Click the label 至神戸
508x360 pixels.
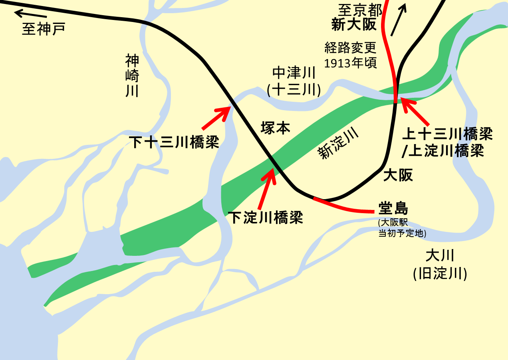tap(44, 29)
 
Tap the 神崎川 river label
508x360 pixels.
tap(132, 76)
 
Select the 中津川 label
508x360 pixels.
tap(294, 73)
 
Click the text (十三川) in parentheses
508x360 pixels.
tap(294, 90)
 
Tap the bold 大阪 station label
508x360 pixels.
tap(398, 175)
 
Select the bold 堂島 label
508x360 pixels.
tap(393, 208)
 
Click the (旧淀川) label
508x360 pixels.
tap(440, 274)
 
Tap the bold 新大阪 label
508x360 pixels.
tap(354, 25)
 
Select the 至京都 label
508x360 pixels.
tap(360, 9)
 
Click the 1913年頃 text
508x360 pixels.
tap(351, 63)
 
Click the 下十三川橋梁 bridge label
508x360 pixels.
tap(175, 142)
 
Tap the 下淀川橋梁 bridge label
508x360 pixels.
tap(265, 218)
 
